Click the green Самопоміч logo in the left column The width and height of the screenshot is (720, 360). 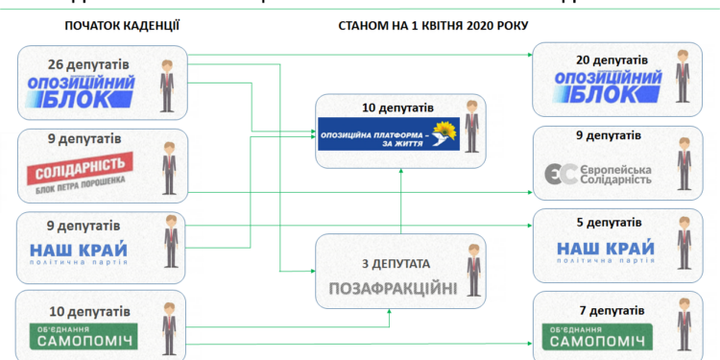click(x=82, y=339)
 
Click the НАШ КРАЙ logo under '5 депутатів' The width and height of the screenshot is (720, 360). click(x=605, y=252)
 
